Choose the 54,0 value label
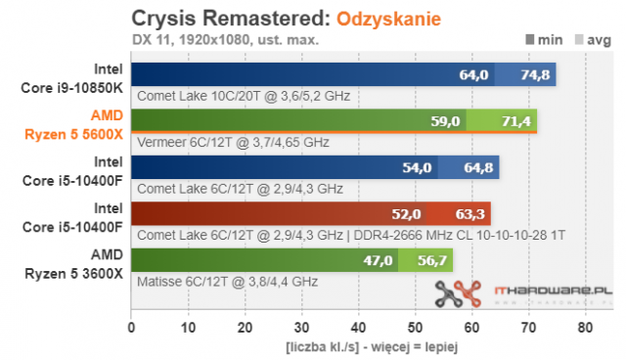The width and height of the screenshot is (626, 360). click(418, 167)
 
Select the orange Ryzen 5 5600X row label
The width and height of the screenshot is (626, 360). click(77, 123)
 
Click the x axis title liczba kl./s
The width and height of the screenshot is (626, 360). click(357, 347)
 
